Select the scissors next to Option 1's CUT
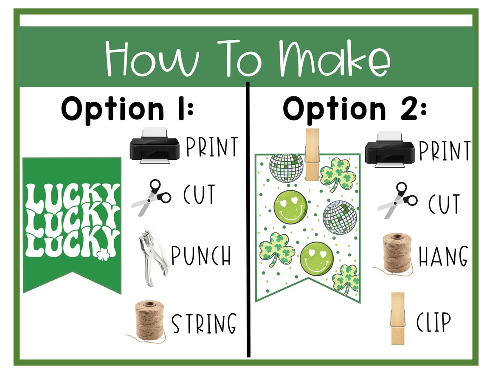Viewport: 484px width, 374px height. click(x=151, y=197)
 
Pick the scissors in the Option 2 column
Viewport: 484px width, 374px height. click(x=397, y=200)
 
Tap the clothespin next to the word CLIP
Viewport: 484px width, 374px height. click(x=397, y=318)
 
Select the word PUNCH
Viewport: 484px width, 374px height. click(x=201, y=256)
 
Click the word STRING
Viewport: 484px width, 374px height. click(x=204, y=323)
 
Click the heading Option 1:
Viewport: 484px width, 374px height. click(x=127, y=109)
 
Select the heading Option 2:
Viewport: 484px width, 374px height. click(x=355, y=109)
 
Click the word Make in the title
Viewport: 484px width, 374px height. click(x=335, y=59)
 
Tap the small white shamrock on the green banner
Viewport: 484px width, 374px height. click(x=102, y=255)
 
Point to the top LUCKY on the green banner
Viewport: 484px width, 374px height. click(x=73, y=196)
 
